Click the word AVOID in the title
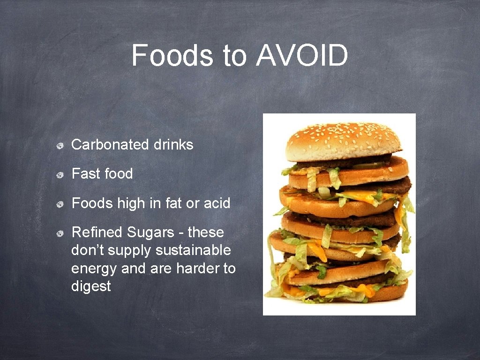pyautogui.click(x=302, y=56)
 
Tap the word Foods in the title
pyautogui.click(x=172, y=56)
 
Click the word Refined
pyautogui.click(x=96, y=232)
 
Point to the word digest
pyautogui.click(x=91, y=286)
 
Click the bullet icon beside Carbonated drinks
pyautogui.click(x=60, y=145)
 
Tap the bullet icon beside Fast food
pyautogui.click(x=60, y=175)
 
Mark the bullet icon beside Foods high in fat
pyautogui.click(x=60, y=204)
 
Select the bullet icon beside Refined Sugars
pyautogui.click(x=60, y=233)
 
